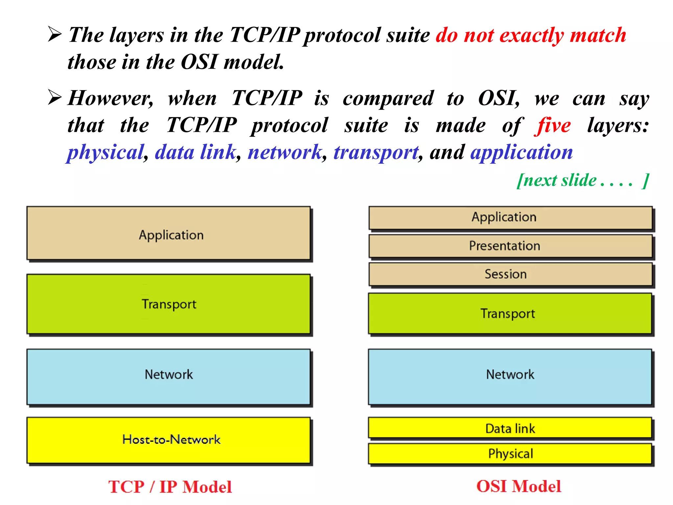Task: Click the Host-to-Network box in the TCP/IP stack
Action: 169,440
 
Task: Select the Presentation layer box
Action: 510,246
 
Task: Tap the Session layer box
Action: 510,274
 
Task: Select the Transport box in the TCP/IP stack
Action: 169,304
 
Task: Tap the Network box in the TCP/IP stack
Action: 169,376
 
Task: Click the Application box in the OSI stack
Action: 510,217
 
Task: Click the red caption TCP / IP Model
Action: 170,487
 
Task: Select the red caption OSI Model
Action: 519,486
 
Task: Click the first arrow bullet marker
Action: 55,34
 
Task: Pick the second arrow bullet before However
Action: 55,97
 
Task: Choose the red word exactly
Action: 531,35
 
